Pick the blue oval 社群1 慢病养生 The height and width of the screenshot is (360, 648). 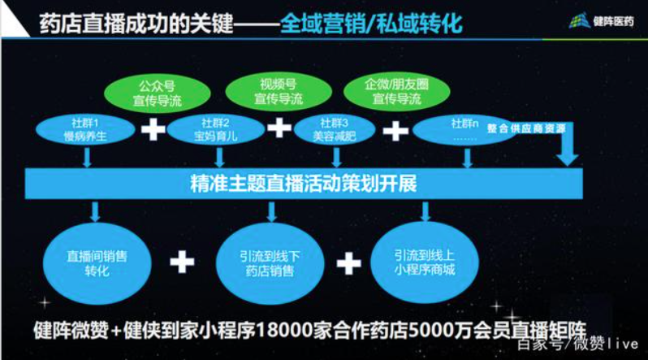click(x=85, y=129)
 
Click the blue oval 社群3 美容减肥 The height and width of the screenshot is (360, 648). click(x=335, y=129)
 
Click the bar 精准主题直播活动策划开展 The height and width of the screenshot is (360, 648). click(x=303, y=184)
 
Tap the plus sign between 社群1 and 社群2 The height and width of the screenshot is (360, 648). click(x=153, y=129)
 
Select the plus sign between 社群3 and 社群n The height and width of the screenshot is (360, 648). click(x=395, y=129)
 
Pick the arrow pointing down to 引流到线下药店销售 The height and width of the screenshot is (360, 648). click(x=270, y=213)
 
